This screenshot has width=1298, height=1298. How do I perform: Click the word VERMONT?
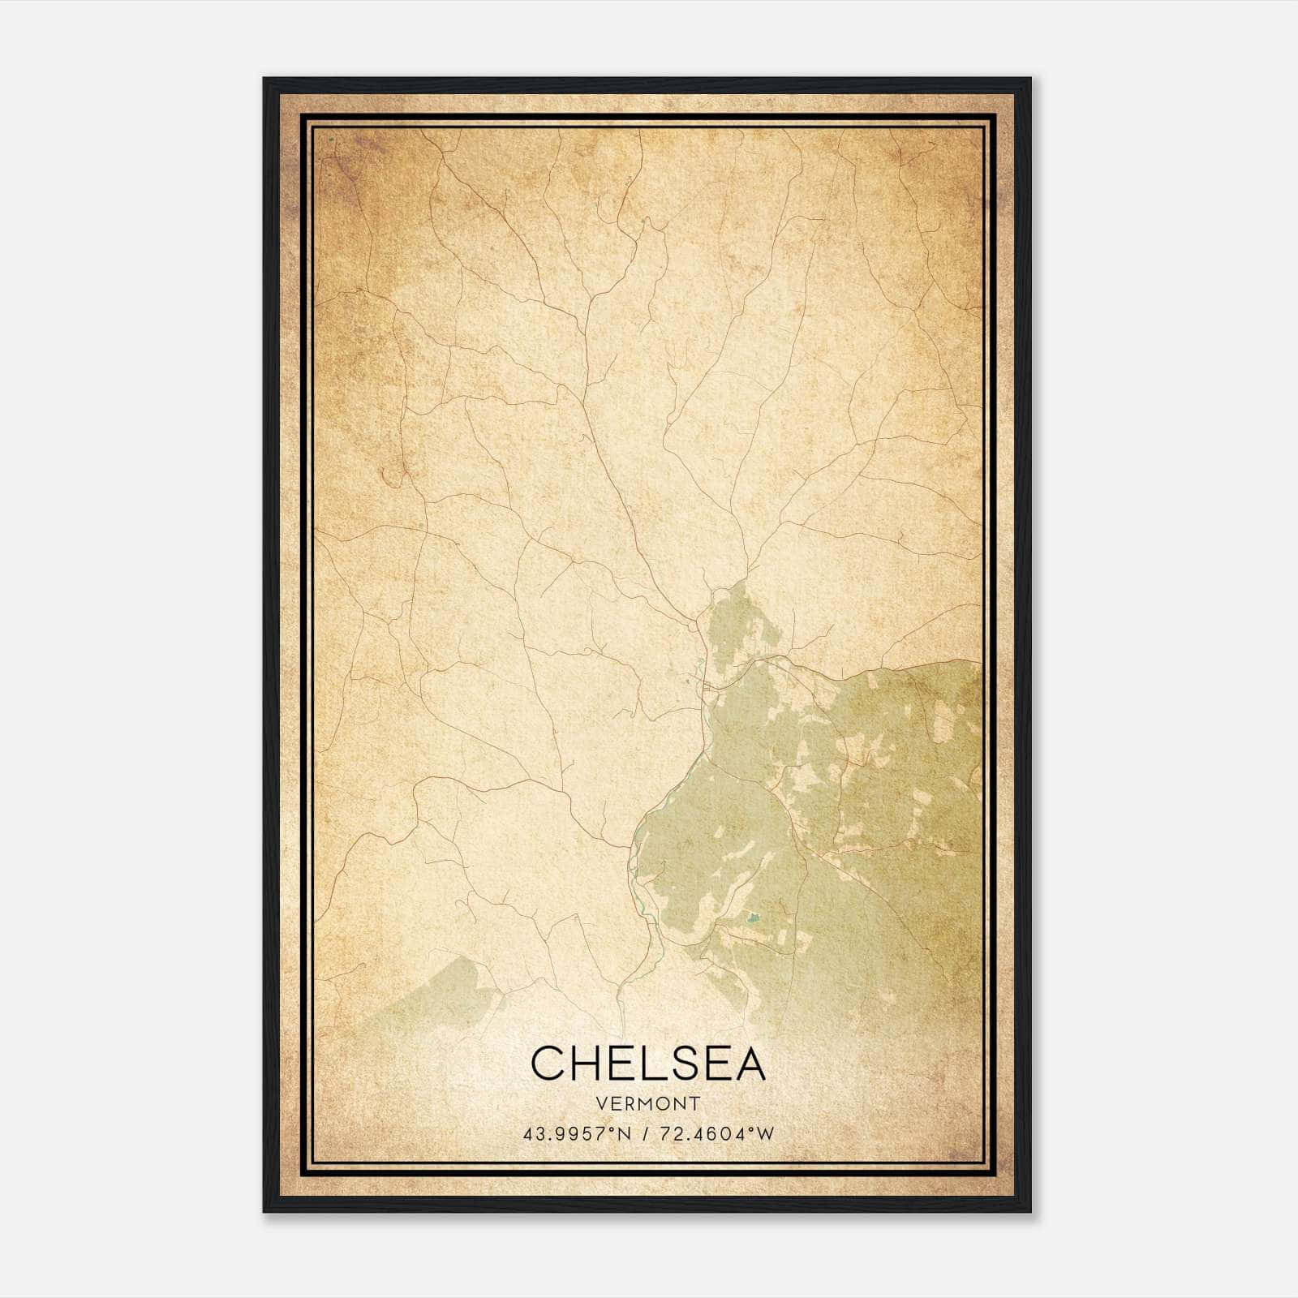coord(648,1103)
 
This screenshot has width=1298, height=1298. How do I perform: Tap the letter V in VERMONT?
coord(600,1103)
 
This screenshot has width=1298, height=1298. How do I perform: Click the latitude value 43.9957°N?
coord(577,1133)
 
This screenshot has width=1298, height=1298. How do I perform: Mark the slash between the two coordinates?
coord(643,1133)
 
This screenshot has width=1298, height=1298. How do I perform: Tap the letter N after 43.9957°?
coord(624,1133)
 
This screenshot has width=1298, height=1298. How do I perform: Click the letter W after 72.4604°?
coord(765,1133)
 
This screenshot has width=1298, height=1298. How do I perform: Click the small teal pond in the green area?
coord(754,918)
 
